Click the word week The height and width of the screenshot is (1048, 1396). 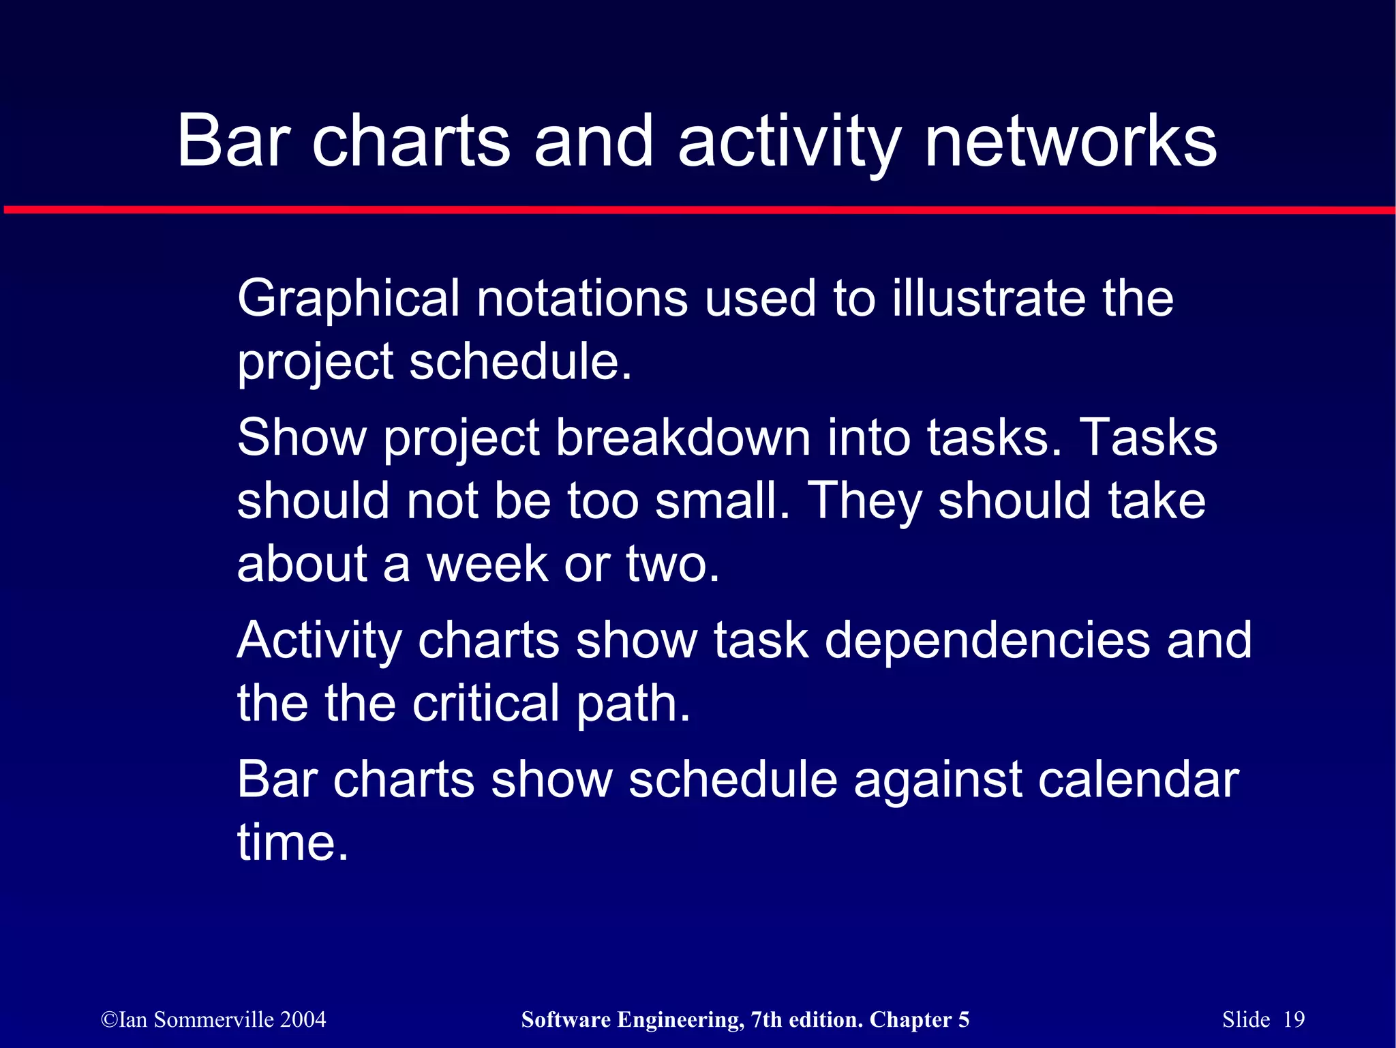coord(487,564)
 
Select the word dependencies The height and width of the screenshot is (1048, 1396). coord(987,640)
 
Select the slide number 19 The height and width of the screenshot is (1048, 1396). coord(1293,1019)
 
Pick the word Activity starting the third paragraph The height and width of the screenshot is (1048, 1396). coord(320,640)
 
